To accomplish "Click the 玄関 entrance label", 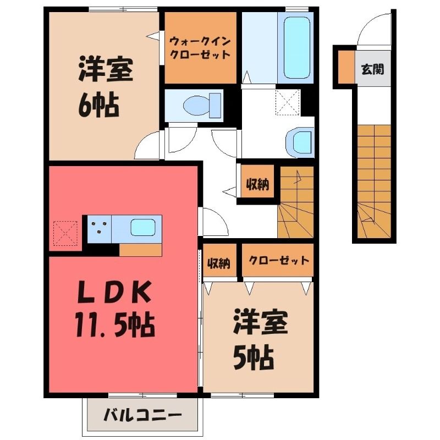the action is click(x=372, y=69).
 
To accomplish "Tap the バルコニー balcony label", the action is click(x=142, y=415).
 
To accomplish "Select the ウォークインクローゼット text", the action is click(x=200, y=48).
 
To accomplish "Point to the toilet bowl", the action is click(x=201, y=106).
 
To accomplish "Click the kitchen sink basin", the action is click(x=143, y=227).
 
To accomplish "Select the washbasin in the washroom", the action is click(x=299, y=142).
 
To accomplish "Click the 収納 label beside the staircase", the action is click(x=257, y=184).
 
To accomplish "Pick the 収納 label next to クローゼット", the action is click(x=219, y=263).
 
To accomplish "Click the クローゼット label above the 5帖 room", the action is click(x=278, y=260).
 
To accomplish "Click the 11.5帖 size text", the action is click(x=115, y=326).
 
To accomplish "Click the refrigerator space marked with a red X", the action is click(x=65, y=233).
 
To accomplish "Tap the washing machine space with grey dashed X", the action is click(x=288, y=102).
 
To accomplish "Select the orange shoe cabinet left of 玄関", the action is click(x=346, y=67).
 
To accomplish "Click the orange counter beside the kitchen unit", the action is click(x=141, y=250).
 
